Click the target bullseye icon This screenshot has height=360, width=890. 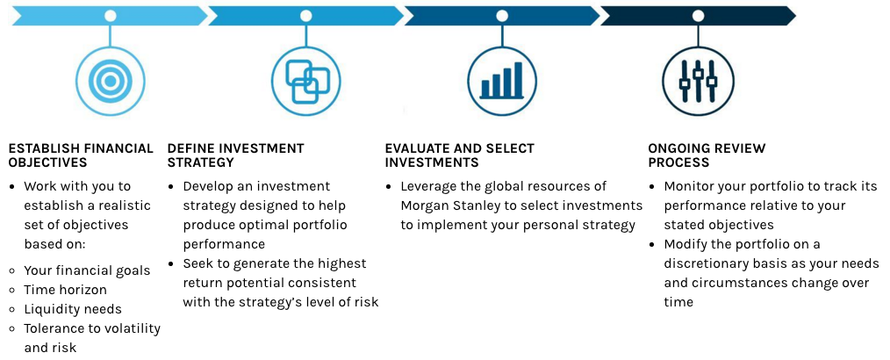click(x=110, y=81)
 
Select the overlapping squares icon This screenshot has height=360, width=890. click(x=306, y=81)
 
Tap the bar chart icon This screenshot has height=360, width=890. click(x=502, y=81)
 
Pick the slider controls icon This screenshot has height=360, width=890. click(x=698, y=81)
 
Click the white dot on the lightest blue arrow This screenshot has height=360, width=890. click(x=110, y=16)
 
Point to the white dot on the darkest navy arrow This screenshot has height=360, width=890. click(x=698, y=16)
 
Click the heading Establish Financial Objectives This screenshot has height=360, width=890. click(x=81, y=155)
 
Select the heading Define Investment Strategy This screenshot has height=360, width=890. click(x=235, y=155)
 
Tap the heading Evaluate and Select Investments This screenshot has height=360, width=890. click(x=460, y=155)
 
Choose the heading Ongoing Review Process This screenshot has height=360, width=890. click(x=707, y=155)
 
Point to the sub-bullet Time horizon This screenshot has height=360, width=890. click(x=65, y=290)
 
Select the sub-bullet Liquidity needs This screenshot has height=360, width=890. click(x=73, y=309)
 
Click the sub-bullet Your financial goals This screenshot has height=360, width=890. click(x=87, y=270)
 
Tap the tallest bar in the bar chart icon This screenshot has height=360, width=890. click(x=518, y=80)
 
